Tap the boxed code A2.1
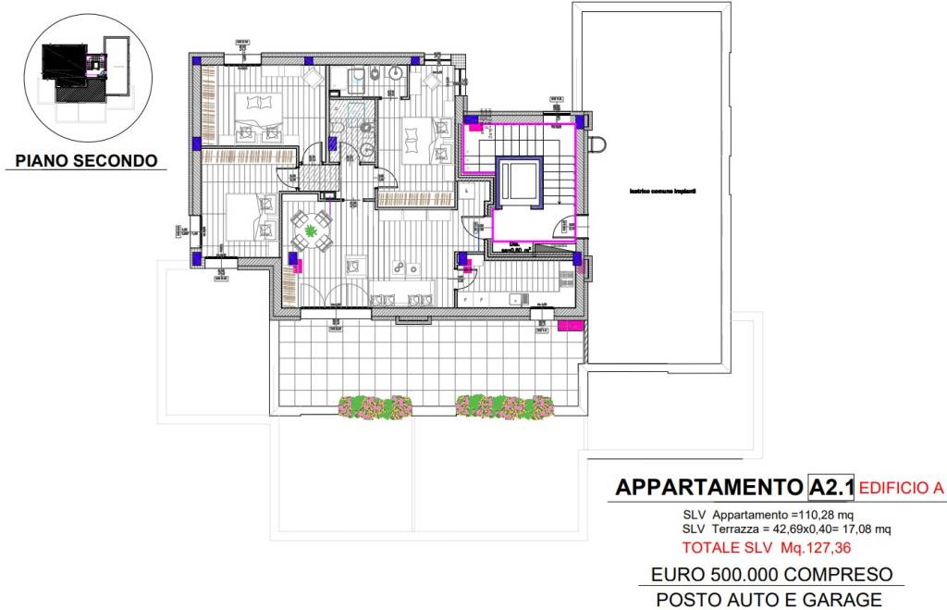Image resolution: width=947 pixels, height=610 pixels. [x=830, y=487]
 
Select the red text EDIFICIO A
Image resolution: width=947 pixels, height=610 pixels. [x=902, y=488]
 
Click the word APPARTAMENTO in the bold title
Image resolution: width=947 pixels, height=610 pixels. [x=709, y=487]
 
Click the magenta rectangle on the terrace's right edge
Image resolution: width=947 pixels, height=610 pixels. [x=572, y=326]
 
